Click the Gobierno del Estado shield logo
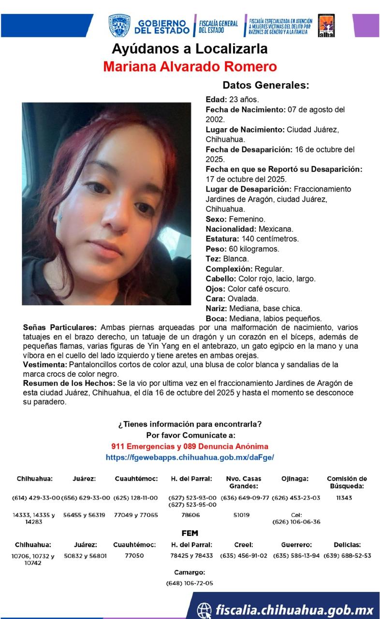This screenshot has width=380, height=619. tap(119, 26)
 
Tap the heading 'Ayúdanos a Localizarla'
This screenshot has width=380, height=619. tap(190, 49)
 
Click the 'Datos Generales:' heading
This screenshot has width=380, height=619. tap(265, 85)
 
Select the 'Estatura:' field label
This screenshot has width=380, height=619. tap(222, 239)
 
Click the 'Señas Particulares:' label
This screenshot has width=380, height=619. tap(59, 327)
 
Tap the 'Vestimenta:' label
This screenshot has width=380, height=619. tap(45, 364)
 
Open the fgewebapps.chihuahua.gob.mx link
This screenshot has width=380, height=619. tap(190, 457)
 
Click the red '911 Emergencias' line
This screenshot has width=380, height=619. tap(190, 446)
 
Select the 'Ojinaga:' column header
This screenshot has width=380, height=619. tap(295, 479)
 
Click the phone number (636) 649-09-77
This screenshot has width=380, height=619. tap(245, 498)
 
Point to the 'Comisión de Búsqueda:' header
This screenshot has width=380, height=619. tap(347, 482)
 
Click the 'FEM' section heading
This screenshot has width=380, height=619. tap(190, 533)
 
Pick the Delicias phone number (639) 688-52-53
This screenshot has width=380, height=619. tap(347, 556)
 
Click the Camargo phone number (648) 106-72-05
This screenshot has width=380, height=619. tap(190, 583)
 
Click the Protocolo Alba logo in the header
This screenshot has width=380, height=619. tap(326, 26)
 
